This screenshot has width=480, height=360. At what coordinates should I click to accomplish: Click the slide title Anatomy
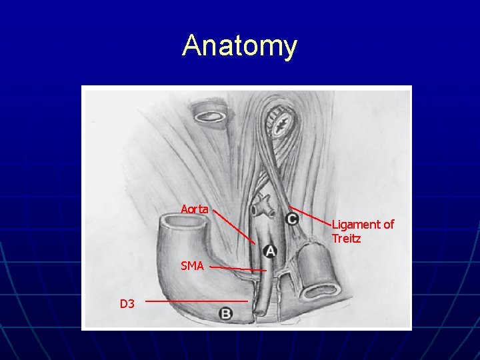click(x=239, y=46)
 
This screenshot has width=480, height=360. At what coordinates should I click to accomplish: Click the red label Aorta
click(x=195, y=209)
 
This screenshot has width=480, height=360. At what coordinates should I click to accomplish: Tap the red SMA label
click(x=192, y=266)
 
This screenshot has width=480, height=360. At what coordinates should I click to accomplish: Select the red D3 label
click(x=127, y=304)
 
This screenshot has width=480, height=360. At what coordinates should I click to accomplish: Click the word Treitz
click(x=346, y=238)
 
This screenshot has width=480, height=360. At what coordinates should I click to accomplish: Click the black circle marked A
click(x=270, y=251)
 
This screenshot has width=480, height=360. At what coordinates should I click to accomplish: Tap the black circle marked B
click(x=226, y=313)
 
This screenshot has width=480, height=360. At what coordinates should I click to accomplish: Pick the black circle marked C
click(x=292, y=218)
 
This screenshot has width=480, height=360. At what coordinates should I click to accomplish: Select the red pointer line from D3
click(x=197, y=301)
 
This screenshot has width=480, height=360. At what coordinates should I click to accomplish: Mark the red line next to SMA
click(x=239, y=269)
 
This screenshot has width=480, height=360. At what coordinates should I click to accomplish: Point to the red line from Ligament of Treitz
click(x=312, y=218)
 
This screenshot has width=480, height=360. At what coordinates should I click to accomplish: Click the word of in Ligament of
click(x=388, y=225)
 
